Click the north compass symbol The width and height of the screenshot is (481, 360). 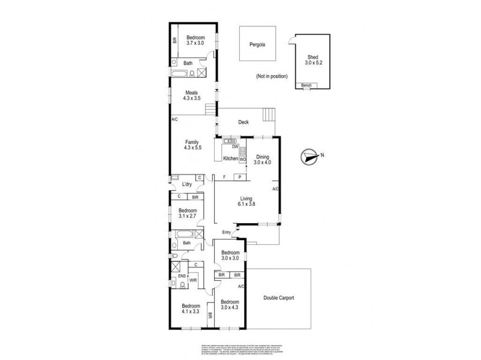(x=310, y=157)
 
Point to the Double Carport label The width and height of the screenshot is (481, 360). (x=278, y=298)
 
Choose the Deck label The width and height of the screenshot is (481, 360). (x=244, y=122)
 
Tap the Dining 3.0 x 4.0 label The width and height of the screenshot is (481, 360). (x=262, y=159)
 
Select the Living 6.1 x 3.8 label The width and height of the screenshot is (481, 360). (x=245, y=201)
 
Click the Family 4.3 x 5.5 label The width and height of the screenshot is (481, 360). (x=192, y=145)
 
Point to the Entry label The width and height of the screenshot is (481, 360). (x=227, y=233)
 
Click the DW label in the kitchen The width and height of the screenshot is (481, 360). (x=235, y=147)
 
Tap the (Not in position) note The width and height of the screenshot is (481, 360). (x=271, y=77)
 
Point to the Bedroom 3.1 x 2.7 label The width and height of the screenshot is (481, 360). (x=187, y=214)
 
